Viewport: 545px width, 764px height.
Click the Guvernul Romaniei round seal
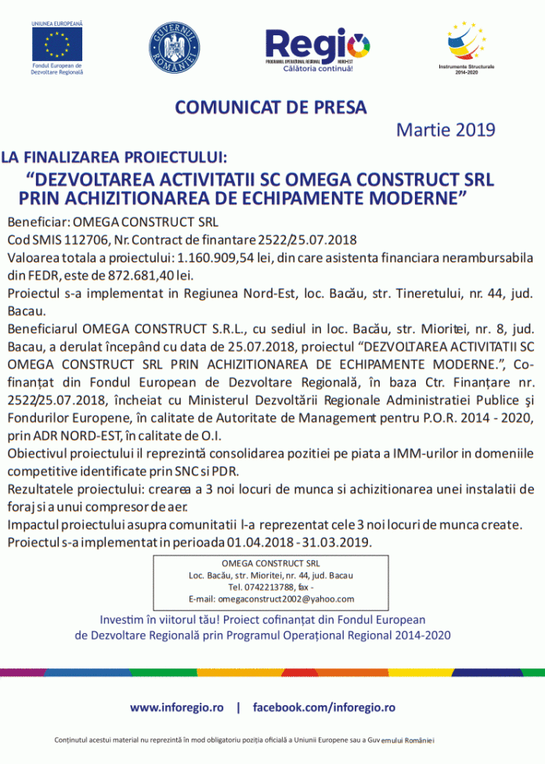pos(175,47)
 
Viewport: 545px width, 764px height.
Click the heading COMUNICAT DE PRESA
pos(271,107)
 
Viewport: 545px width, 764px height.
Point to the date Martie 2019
pos(446,129)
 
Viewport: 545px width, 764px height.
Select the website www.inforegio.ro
pos(176,708)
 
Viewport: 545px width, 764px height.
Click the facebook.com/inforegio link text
pos(323,708)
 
